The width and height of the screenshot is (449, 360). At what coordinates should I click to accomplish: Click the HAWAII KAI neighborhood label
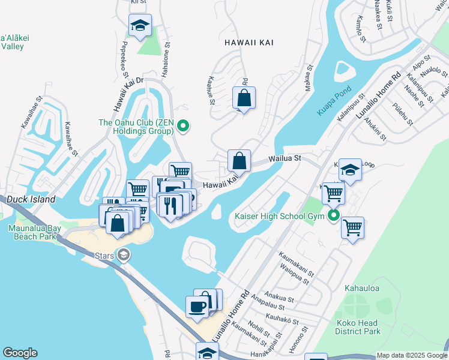pos(246,43)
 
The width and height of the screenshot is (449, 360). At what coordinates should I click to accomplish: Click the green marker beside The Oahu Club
pos(184,125)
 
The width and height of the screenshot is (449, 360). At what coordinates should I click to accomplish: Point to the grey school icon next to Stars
pos(124,256)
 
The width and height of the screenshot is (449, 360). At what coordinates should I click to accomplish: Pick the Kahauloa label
pos(362,289)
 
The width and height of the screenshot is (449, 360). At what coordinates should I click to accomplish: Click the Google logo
pos(20,353)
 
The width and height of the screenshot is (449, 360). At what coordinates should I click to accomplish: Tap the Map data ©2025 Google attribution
pos(411,355)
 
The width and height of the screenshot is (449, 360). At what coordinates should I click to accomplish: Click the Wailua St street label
pos(284,159)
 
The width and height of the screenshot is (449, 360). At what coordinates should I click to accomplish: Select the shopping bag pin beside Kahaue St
pos(244,97)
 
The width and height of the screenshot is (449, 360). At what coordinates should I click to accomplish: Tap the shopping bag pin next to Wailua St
pos(239,161)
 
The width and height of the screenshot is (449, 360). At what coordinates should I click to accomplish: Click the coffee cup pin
pos(197,307)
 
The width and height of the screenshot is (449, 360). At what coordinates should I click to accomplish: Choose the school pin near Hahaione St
pos(140,25)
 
